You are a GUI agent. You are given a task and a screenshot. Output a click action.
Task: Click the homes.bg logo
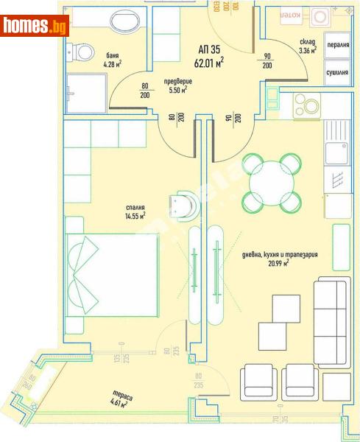[35, 27]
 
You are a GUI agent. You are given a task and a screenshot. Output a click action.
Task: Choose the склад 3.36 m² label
[308, 47]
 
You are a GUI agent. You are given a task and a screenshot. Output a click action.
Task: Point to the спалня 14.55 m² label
[134, 211]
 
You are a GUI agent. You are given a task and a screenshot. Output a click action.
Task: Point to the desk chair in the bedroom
[184, 204]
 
